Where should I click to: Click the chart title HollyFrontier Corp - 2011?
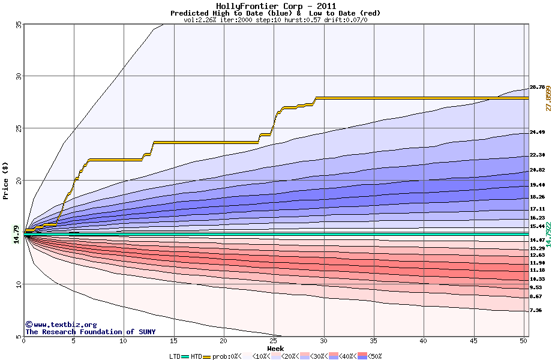275,6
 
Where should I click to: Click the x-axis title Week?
275,348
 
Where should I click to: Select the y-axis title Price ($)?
6,180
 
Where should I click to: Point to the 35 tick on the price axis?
18,25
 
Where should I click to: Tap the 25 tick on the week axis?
274,341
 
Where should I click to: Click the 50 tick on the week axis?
523,341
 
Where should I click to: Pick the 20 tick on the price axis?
18,180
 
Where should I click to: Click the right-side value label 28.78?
536,88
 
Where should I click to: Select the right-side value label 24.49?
536,133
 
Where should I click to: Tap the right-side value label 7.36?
536,311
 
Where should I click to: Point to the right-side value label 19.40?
536,185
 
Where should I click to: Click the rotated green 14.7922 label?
547,233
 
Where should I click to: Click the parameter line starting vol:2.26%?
275,20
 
